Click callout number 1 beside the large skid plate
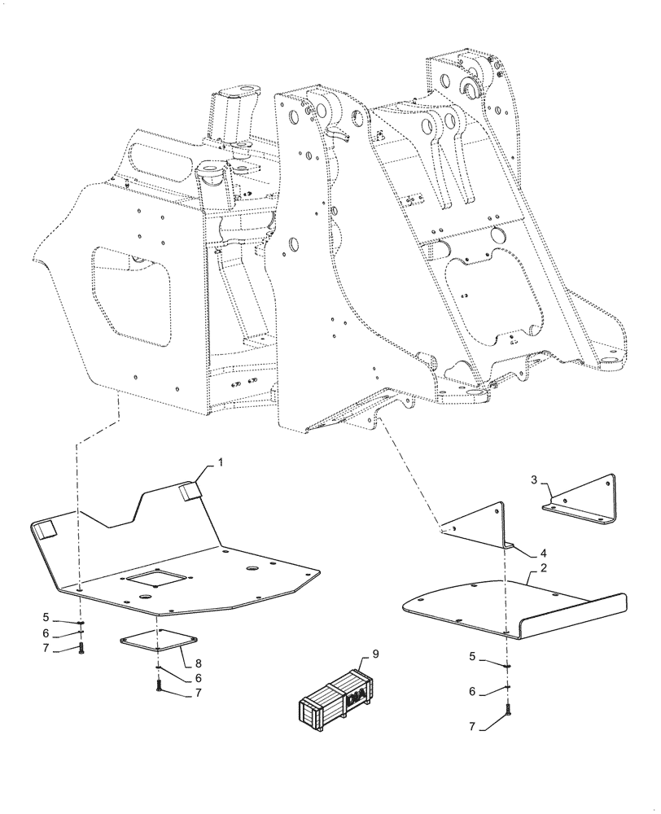(x=220, y=461)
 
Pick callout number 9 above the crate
(x=375, y=653)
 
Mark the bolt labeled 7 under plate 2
(x=508, y=712)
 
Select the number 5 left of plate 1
(x=46, y=619)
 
